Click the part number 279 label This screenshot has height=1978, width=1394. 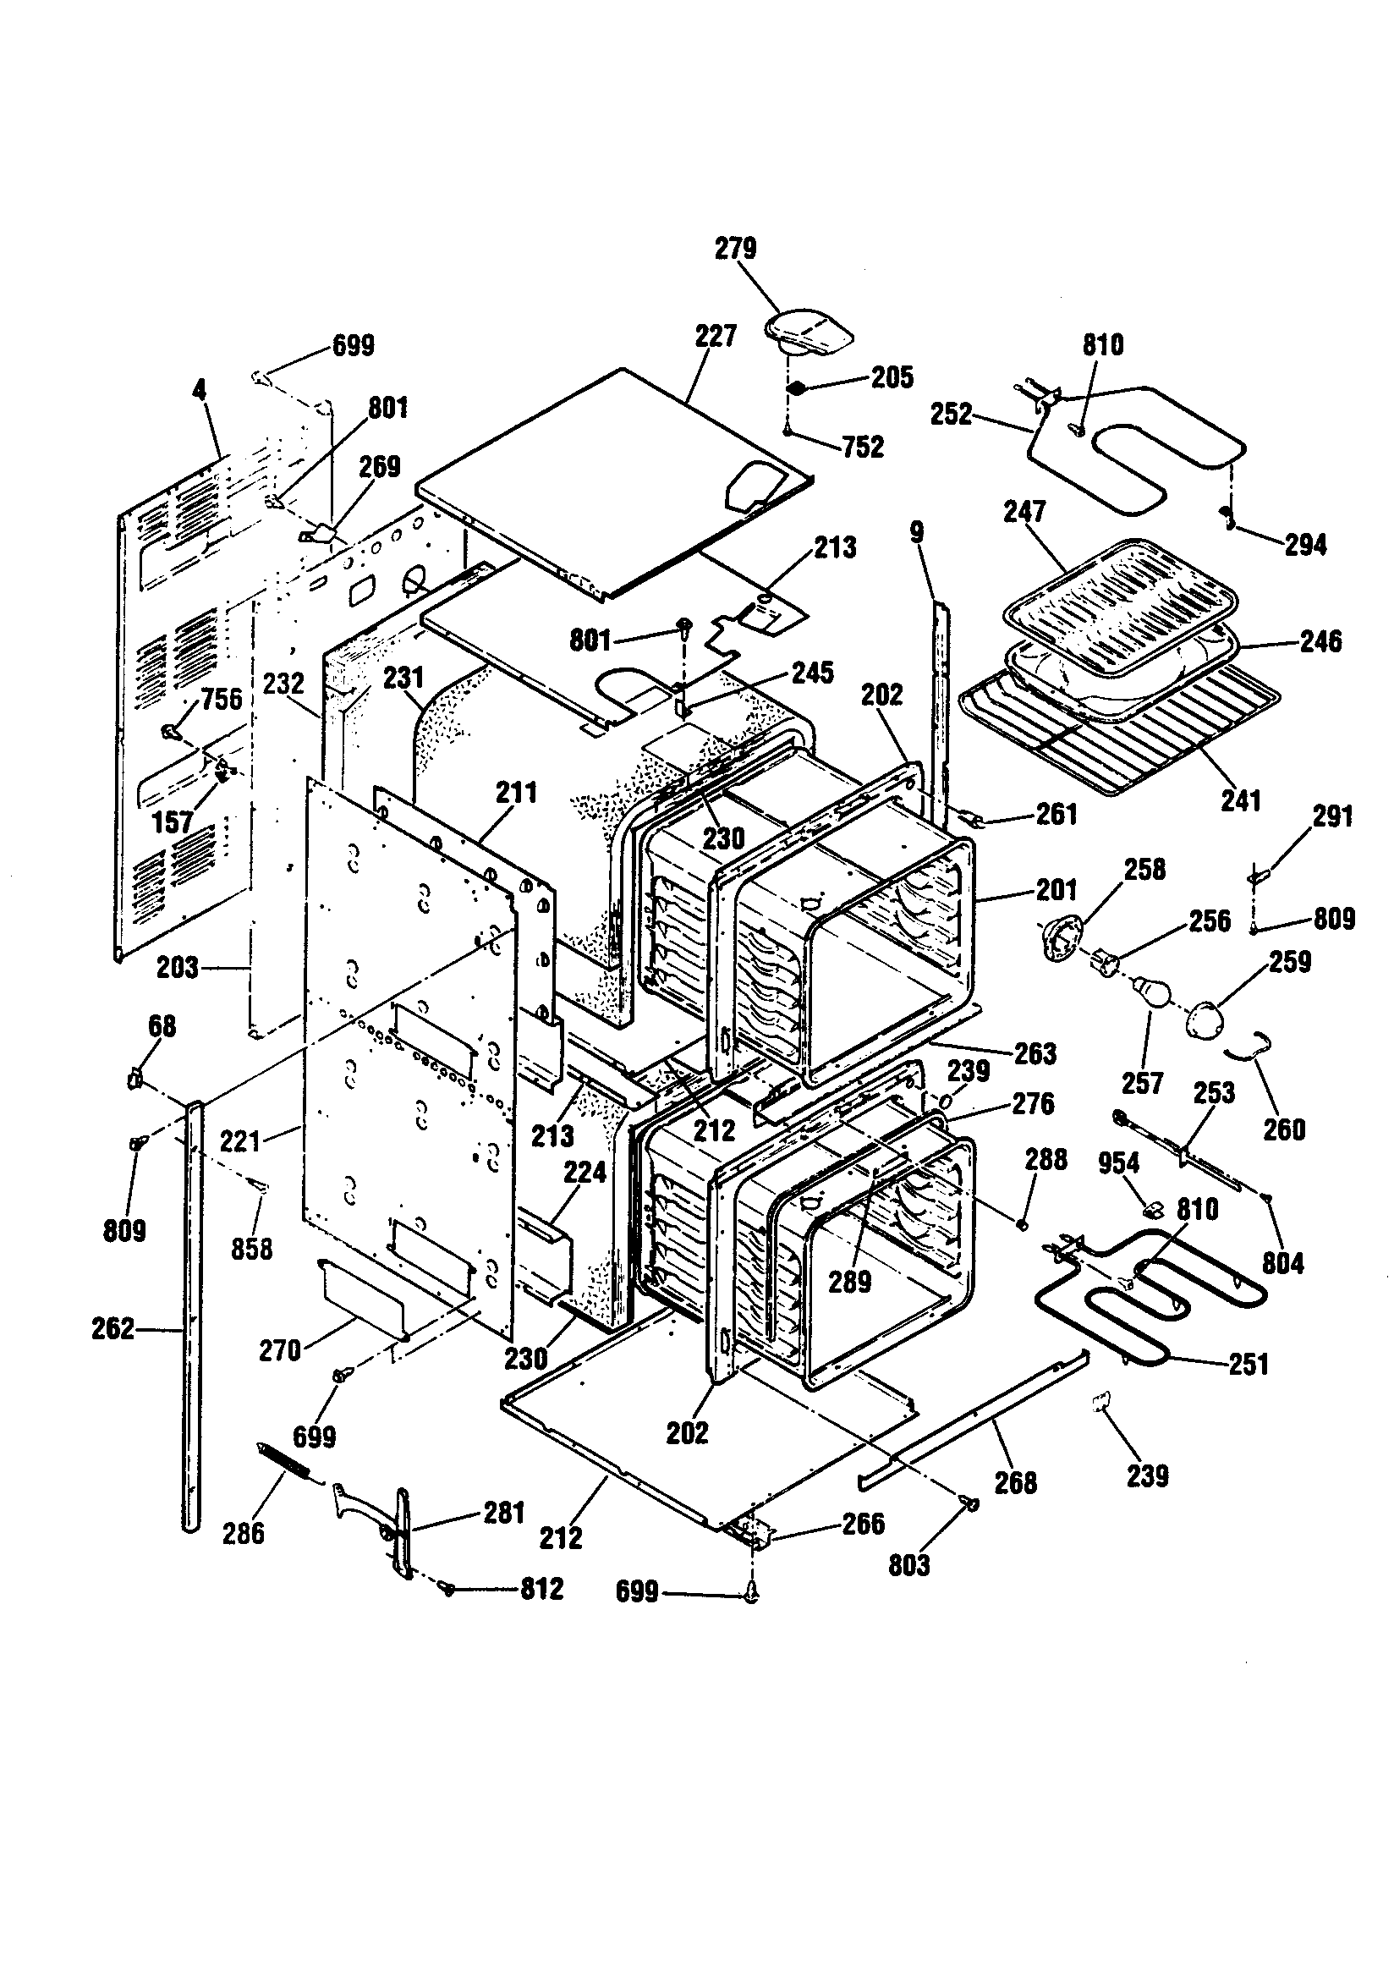click(x=735, y=248)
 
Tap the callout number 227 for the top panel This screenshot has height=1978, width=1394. click(x=716, y=336)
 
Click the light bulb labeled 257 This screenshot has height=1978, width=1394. click(x=1150, y=990)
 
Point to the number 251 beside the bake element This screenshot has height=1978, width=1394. click(x=1249, y=1364)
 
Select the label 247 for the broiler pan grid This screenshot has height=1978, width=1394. click(x=1024, y=512)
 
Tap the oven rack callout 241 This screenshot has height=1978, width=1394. click(x=1241, y=801)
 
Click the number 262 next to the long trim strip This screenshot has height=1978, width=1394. click(x=113, y=1328)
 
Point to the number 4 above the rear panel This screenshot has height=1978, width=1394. click(x=199, y=390)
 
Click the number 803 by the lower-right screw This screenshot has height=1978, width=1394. click(x=909, y=1565)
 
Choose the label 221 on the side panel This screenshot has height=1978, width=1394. click(x=240, y=1141)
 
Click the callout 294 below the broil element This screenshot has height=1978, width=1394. click(x=1305, y=545)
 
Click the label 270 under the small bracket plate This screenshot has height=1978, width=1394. click(x=280, y=1350)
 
